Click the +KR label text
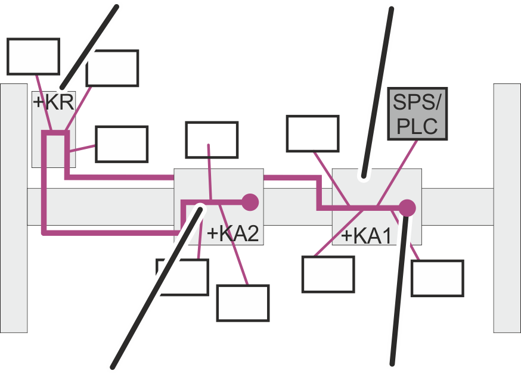pos(53,102)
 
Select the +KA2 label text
pos(233,234)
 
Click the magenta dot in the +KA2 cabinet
pos(250,202)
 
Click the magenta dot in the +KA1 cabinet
pos(407,207)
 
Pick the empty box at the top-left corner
pos(33,57)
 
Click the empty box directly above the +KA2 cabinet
pos(212,139)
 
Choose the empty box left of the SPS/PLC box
pos(313,133)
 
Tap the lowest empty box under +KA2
pos(243,303)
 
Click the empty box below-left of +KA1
pos(328,274)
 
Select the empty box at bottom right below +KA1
pos(437,278)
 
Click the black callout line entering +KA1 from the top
pos(377,89)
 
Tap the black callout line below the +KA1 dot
pos(400,286)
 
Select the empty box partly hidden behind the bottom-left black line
pos(190,278)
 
